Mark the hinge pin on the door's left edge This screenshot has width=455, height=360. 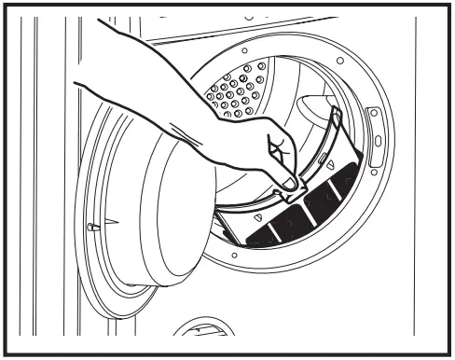pos(90,226)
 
